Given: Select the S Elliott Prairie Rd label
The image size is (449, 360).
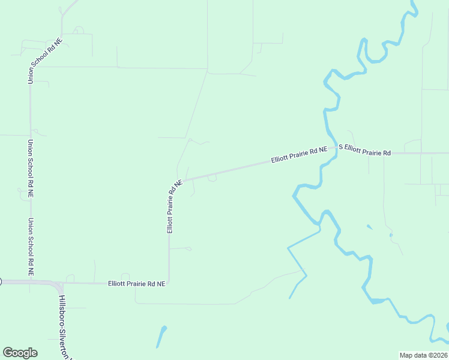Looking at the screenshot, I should [365, 149].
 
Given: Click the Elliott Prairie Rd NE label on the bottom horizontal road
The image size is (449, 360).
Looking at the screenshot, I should [136, 283].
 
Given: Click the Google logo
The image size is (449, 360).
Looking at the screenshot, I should [20, 353].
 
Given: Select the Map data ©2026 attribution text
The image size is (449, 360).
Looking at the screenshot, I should [423, 355].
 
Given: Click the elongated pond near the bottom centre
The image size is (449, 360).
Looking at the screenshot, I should [161, 336].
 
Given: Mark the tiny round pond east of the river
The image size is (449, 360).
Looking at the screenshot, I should [391, 235].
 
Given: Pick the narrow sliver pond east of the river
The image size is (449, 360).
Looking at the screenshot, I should [369, 227].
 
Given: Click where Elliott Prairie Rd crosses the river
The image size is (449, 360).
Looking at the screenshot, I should [331, 149].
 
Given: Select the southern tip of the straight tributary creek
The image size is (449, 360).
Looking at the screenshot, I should [290, 298].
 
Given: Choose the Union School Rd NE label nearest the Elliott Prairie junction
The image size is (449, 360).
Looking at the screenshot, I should [30, 245].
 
